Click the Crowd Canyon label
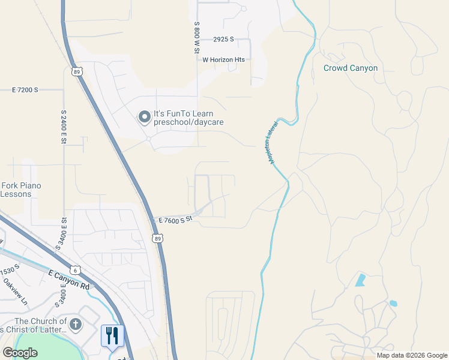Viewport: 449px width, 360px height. pyautogui.click(x=351, y=68)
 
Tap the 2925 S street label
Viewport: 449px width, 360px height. pyautogui.click(x=223, y=40)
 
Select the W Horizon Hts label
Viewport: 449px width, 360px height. pyautogui.click(x=224, y=59)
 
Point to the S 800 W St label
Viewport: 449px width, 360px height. pyautogui.click(x=196, y=37)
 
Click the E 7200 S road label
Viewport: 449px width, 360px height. pyautogui.click(x=25, y=89)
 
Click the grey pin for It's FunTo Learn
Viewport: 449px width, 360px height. pyautogui.click(x=144, y=116)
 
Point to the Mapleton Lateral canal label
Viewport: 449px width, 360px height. pyautogui.click(x=270, y=143)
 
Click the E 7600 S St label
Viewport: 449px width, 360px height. pyautogui.click(x=174, y=220)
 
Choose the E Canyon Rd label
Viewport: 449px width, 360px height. pyautogui.click(x=68, y=279)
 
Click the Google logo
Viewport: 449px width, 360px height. pyautogui.click(x=20, y=353)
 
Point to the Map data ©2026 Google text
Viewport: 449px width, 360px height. pyautogui.click(x=411, y=355)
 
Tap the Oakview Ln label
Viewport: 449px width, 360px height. pyautogui.click(x=15, y=290)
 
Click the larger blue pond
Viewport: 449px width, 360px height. pyautogui.click(x=360, y=279)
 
